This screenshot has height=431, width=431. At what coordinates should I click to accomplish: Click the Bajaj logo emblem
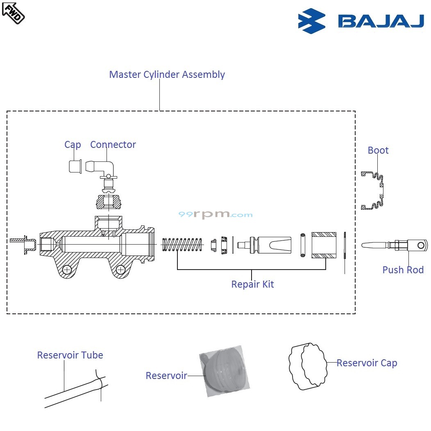coord(312,21)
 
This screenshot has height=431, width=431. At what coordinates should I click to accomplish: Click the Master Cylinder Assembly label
coord(167,75)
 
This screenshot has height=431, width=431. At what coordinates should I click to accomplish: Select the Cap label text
coord(73,145)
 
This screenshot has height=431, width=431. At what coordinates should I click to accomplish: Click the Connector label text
coord(113,145)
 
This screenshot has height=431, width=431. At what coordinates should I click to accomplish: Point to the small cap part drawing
coord(75,167)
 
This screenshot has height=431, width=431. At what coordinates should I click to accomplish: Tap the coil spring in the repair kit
coord(183,245)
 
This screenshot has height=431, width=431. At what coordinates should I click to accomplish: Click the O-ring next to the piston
coord(303,245)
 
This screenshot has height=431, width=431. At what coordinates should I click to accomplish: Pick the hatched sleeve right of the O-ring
coord(324,245)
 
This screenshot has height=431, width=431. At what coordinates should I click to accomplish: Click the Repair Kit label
coord(252,284)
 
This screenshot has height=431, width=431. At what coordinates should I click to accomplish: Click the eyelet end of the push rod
coord(420,245)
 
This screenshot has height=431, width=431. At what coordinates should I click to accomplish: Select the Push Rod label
coord(403,270)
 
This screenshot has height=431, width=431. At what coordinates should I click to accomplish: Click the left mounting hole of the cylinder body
coord(66,269)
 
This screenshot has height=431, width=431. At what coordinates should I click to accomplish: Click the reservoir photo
coord(225,371)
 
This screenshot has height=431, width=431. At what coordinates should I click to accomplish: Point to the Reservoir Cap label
coord(367,363)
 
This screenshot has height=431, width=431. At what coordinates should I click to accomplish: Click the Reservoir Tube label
coord(70,355)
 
